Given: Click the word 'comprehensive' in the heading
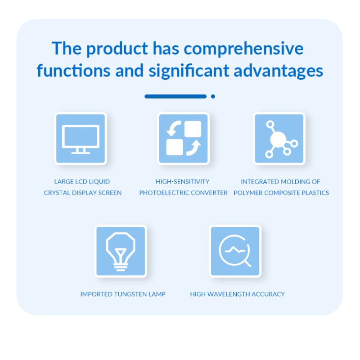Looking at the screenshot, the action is (243, 49).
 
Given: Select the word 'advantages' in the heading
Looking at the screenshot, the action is (278, 71).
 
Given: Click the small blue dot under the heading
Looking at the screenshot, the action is (213, 96).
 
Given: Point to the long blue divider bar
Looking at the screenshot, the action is (175, 96).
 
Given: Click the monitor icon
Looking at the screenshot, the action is (81, 139).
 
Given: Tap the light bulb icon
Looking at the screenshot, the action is (121, 252).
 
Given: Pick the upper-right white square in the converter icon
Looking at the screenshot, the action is (193, 129).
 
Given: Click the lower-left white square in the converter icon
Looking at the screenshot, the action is (175, 147).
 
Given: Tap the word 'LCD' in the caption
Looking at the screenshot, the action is (81, 182).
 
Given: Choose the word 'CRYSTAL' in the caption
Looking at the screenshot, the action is (57, 193).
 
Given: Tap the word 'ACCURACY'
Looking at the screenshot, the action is (268, 294).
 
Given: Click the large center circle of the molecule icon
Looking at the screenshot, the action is (278, 139).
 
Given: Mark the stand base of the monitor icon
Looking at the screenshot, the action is (81, 153).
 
